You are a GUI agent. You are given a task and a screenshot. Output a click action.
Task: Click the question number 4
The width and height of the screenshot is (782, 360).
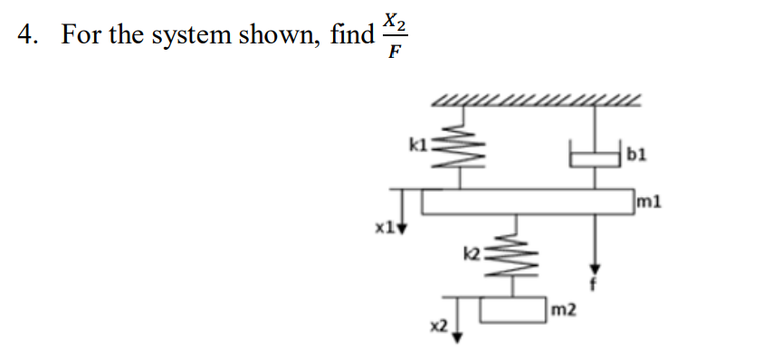tap(26, 35)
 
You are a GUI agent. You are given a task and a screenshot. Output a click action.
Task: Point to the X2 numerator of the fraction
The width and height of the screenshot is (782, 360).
tap(395, 19)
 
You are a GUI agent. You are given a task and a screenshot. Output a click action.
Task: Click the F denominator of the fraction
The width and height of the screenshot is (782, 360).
tap(394, 52)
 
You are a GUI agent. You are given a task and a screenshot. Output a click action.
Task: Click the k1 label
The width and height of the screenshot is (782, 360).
tap(418, 142)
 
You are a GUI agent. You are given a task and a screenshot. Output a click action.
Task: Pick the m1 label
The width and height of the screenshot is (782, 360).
tap(649, 201)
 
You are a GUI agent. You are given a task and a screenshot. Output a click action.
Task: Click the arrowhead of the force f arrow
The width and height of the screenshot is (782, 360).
tap(595, 270)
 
